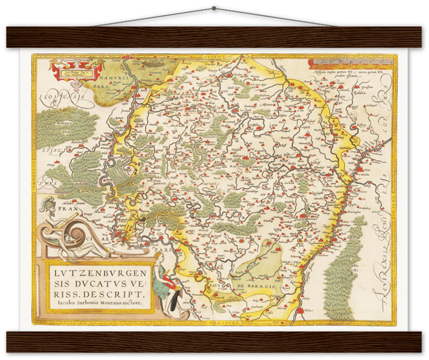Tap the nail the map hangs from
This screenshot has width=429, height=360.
coord(214,8)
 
